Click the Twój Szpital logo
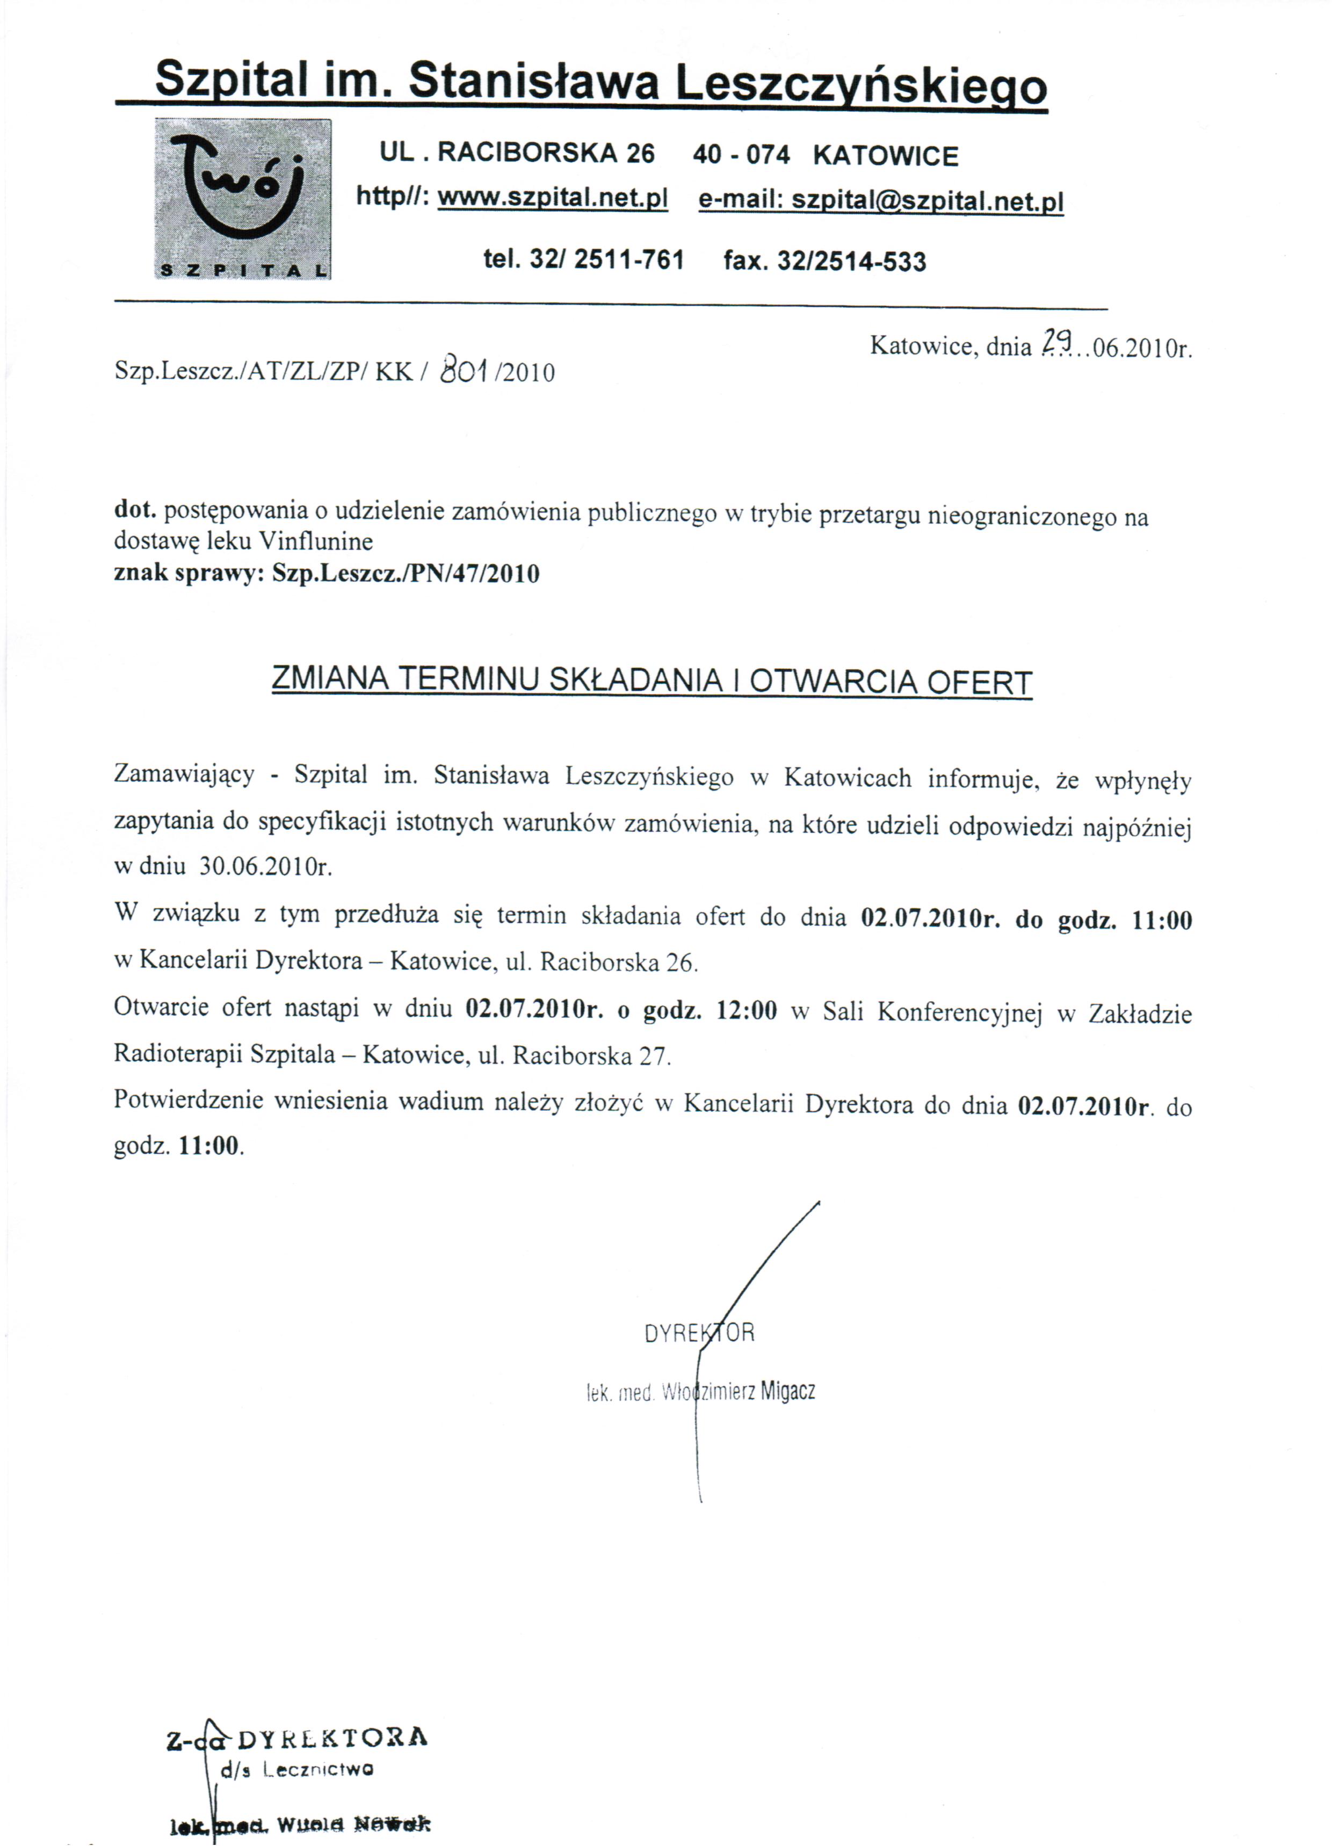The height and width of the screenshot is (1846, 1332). [243, 199]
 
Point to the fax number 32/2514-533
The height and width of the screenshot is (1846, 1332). [852, 261]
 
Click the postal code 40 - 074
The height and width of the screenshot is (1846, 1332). [741, 155]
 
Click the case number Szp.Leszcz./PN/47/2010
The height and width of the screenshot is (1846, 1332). [406, 573]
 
